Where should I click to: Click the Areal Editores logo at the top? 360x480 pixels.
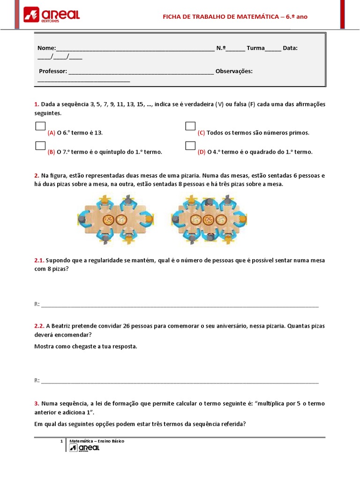click(x=52, y=15)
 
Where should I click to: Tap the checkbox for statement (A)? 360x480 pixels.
click(x=40, y=126)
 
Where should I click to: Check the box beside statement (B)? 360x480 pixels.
click(x=40, y=145)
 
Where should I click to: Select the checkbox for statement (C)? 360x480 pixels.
click(x=190, y=126)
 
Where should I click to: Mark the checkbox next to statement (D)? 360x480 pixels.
click(x=190, y=145)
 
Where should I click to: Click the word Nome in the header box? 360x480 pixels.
click(x=46, y=48)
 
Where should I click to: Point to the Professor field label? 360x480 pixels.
click(x=53, y=71)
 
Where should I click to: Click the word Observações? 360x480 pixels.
click(x=234, y=71)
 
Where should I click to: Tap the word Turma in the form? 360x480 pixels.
click(x=255, y=48)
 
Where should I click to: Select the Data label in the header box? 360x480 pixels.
click(x=290, y=48)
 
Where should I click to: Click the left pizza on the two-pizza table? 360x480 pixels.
click(x=108, y=219)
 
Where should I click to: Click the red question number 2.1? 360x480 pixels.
click(x=39, y=260)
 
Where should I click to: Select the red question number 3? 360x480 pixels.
click(x=37, y=404)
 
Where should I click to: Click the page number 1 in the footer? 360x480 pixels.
click(x=61, y=442)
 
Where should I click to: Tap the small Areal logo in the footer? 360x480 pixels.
click(x=84, y=448)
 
